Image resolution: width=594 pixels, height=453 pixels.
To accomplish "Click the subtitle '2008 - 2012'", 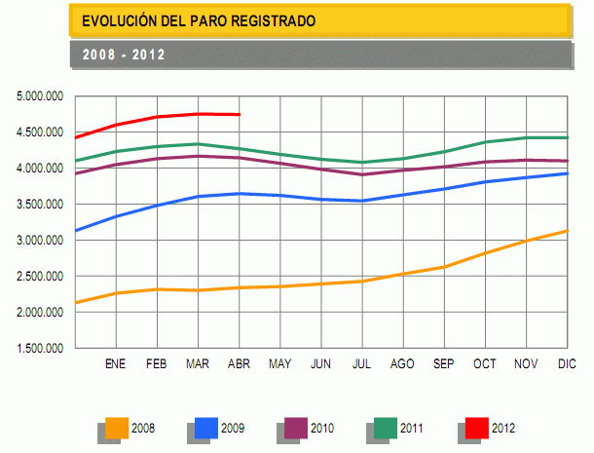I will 123,55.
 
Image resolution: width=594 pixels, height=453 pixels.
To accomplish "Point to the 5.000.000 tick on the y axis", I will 40,96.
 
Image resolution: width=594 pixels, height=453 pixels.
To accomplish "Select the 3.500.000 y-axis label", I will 40,205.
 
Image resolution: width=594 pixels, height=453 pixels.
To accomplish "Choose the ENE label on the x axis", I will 116,364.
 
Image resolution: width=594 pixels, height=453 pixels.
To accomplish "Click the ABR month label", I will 239,364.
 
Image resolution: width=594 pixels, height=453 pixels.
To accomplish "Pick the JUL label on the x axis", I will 362,364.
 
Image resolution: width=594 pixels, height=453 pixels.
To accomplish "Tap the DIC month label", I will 566,364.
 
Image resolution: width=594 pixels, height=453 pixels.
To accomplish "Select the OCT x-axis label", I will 484,364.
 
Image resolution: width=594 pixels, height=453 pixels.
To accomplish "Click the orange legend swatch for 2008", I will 116,427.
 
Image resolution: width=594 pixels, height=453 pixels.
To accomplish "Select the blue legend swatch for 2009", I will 205,427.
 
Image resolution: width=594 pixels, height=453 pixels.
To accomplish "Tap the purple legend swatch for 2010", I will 295,427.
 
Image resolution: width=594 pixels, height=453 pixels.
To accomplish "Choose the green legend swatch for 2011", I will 386,427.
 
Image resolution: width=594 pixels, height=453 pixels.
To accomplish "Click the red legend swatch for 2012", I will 475,427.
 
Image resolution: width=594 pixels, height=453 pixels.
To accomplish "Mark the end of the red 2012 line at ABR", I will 240,115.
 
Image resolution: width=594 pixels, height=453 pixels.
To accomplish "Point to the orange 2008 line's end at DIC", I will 566,231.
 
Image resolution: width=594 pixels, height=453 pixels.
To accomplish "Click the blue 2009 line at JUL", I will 362,201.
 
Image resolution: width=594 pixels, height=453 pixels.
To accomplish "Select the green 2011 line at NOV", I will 525,137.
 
